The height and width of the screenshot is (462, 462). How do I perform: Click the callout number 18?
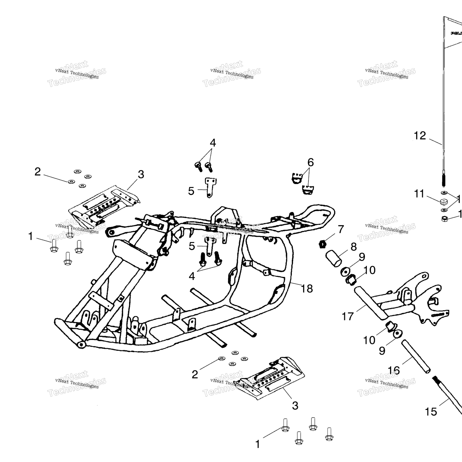(x=307, y=289)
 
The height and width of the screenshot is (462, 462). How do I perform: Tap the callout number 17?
(x=347, y=316)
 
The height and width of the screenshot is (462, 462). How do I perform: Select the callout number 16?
(x=394, y=371)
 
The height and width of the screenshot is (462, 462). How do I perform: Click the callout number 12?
(x=420, y=136)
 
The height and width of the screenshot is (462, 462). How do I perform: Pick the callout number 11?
(x=419, y=194)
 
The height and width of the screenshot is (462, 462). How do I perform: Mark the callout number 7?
(x=341, y=229)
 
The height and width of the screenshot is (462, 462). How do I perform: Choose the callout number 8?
(x=354, y=247)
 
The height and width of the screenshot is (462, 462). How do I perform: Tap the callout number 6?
(x=310, y=162)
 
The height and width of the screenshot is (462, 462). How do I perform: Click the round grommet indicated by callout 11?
(x=444, y=201)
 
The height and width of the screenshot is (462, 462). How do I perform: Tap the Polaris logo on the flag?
(x=457, y=33)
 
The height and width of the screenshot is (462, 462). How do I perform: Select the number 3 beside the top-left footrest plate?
(x=141, y=174)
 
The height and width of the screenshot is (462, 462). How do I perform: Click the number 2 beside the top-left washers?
(x=38, y=172)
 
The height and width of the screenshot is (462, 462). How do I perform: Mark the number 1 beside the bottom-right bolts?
(x=257, y=444)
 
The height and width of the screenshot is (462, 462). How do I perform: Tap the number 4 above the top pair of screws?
(x=213, y=143)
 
